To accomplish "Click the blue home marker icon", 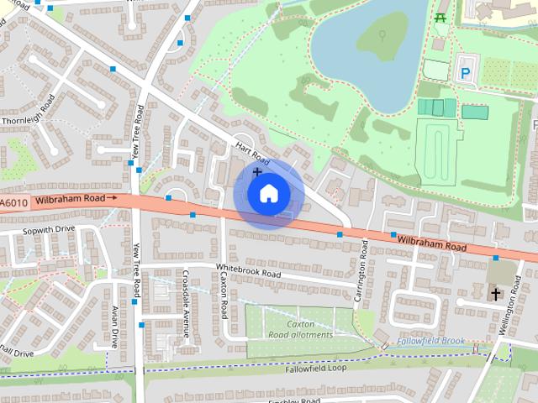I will [x=268, y=194].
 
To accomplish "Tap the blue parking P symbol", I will [x=466, y=73].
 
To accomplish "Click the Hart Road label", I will [x=252, y=152].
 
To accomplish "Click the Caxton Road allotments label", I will [x=300, y=329].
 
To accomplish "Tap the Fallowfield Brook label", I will [x=431, y=341].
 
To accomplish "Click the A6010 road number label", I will [x=14, y=202].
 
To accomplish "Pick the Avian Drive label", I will [x=115, y=327].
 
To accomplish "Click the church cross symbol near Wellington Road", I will [x=496, y=294].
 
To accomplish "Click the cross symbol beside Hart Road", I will [x=257, y=172].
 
